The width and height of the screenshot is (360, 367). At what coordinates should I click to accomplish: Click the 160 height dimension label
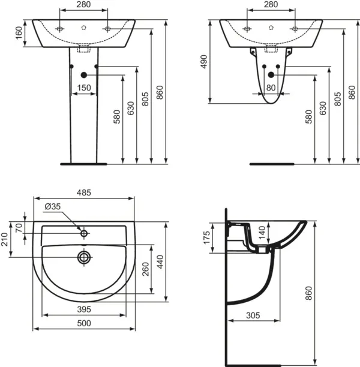coord(19,33)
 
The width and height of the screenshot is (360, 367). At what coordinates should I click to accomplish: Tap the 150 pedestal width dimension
coord(84,88)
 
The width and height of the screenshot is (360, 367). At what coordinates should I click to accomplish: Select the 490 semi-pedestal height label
coord(204,62)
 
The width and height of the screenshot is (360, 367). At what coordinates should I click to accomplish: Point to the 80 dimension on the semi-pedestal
coord(271,88)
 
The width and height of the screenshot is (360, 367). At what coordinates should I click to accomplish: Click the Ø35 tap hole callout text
coord(52,206)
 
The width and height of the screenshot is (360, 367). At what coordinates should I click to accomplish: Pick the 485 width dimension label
coord(84,192)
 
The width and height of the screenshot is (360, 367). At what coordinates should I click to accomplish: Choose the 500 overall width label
coord(84,323)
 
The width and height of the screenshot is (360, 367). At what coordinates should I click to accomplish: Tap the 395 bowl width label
coord(84,309)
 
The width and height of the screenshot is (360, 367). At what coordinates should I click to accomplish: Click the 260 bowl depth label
coord(145,269)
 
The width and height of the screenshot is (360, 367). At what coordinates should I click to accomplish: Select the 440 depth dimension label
coord(160,262)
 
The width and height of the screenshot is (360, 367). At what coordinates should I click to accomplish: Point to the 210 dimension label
coord(5,239)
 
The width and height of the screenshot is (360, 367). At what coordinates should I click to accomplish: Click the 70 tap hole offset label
coord(19,228)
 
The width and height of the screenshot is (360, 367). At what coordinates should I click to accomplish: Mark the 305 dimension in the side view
coord(253,315)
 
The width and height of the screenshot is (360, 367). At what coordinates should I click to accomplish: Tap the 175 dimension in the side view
coord(207,237)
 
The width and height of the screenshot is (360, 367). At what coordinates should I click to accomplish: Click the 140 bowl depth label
coord(262,233)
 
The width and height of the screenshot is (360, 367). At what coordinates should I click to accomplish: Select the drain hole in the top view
coord(84,257)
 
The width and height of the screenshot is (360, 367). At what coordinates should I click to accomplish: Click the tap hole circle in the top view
coord(84,233)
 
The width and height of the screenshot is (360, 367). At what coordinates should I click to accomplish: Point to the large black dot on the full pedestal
coord(83,75)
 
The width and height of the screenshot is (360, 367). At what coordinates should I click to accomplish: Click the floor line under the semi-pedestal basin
coord(272,164)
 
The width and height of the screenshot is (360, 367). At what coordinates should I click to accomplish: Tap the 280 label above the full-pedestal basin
coord(83,4)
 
